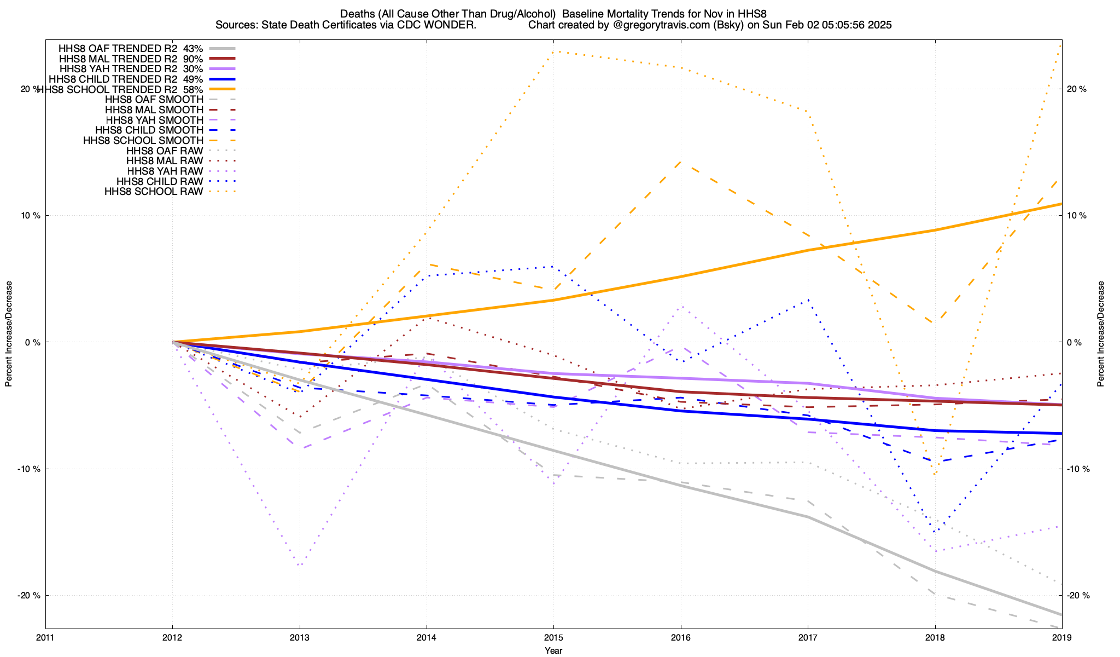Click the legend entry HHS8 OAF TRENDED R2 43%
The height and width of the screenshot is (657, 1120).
tap(131, 48)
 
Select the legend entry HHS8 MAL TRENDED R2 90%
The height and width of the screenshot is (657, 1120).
tap(131, 59)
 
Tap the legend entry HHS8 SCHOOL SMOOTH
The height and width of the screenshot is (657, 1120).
tap(143, 141)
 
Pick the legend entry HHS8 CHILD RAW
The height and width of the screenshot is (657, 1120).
tap(160, 181)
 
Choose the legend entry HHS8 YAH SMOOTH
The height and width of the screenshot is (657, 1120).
tap(155, 120)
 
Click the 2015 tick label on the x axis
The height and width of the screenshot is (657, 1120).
tap(553, 638)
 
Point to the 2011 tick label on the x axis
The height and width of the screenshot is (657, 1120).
tap(45, 638)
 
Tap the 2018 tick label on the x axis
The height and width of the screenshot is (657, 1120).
tap(935, 638)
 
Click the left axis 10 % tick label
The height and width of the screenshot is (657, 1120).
tap(31, 216)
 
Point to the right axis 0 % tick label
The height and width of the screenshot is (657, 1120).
tap(1074, 342)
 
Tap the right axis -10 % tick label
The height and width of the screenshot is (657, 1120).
tap(1075, 469)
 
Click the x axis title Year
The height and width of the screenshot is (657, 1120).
tap(553, 650)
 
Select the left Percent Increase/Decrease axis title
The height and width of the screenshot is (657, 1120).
tap(9, 334)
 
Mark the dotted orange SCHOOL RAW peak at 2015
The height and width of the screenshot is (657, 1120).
tap(553, 52)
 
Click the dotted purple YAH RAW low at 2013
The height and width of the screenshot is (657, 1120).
tap(300, 565)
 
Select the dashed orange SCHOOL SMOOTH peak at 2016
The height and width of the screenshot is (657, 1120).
tap(680, 162)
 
